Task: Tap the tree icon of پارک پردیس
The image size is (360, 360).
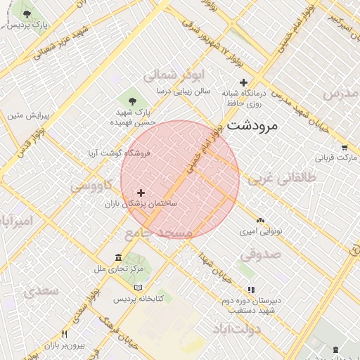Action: (27, 14)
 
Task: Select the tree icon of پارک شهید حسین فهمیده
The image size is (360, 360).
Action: (132, 101)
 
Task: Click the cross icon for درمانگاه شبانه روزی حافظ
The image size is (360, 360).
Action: (243, 82)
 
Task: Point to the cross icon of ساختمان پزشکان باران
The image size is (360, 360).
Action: (141, 192)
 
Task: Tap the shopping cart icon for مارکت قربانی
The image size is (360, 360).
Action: (344, 147)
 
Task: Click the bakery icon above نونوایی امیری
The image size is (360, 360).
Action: (261, 220)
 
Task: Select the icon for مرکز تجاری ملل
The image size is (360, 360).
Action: (117, 257)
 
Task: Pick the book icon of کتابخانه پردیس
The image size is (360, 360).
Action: (139, 287)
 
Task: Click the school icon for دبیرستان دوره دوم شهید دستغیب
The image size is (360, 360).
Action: (250, 290)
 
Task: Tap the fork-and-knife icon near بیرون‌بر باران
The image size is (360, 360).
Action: (64, 335)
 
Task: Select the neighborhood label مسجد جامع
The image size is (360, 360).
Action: (158, 233)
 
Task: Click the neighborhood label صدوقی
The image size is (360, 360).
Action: (264, 254)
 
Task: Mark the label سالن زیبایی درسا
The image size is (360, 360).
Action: (165, 91)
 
